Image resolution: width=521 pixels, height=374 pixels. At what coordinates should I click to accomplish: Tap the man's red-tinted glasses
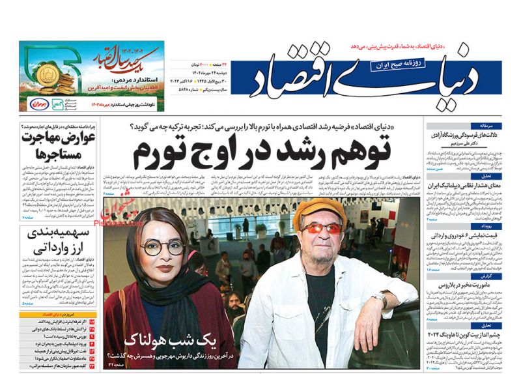tap(321, 229)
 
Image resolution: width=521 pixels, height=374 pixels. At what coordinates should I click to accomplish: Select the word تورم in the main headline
tap(160, 153)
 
